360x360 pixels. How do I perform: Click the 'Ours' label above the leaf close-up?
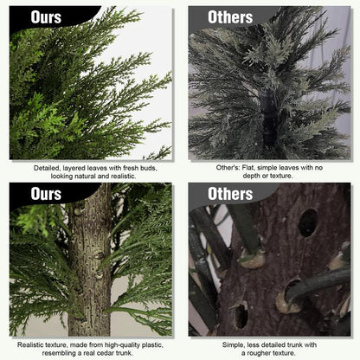click(47, 17)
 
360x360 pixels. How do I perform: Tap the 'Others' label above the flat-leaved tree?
click(230, 17)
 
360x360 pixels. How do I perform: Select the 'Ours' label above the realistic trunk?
click(47, 193)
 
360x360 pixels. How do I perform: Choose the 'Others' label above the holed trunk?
click(230, 193)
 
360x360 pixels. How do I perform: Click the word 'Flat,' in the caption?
click(243, 167)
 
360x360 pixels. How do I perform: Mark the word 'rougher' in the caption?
click(260, 351)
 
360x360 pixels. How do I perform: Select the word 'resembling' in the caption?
click(63, 351)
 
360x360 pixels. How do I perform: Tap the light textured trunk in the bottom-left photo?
click(91, 268)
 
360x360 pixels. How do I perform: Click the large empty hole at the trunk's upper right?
click(307, 222)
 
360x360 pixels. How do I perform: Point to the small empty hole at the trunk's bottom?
click(240, 314)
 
